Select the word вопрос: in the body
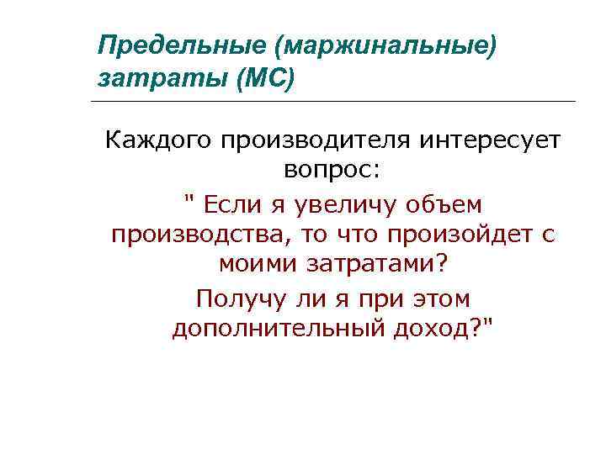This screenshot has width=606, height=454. click(332, 171)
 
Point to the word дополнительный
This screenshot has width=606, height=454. click(280, 328)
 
